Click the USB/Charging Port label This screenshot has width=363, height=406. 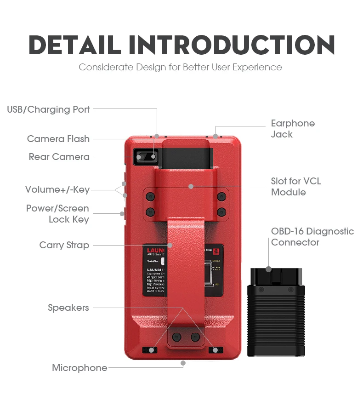(48, 109)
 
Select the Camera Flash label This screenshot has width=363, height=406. (58, 139)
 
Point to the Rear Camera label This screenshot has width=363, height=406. (59, 157)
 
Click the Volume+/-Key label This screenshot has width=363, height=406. (57, 189)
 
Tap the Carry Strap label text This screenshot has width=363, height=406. (64, 245)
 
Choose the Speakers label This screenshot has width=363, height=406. (68, 308)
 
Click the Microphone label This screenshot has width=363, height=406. (79, 368)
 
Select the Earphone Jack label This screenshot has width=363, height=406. (293, 129)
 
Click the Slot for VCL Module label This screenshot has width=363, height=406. (295, 187)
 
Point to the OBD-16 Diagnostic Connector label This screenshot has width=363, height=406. (312, 236)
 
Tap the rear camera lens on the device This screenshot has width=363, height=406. (140, 157)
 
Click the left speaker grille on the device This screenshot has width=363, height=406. (150, 350)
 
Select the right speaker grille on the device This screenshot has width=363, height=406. (216, 350)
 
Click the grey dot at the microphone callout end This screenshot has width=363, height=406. (183, 363)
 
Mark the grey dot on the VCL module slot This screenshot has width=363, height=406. (191, 186)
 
